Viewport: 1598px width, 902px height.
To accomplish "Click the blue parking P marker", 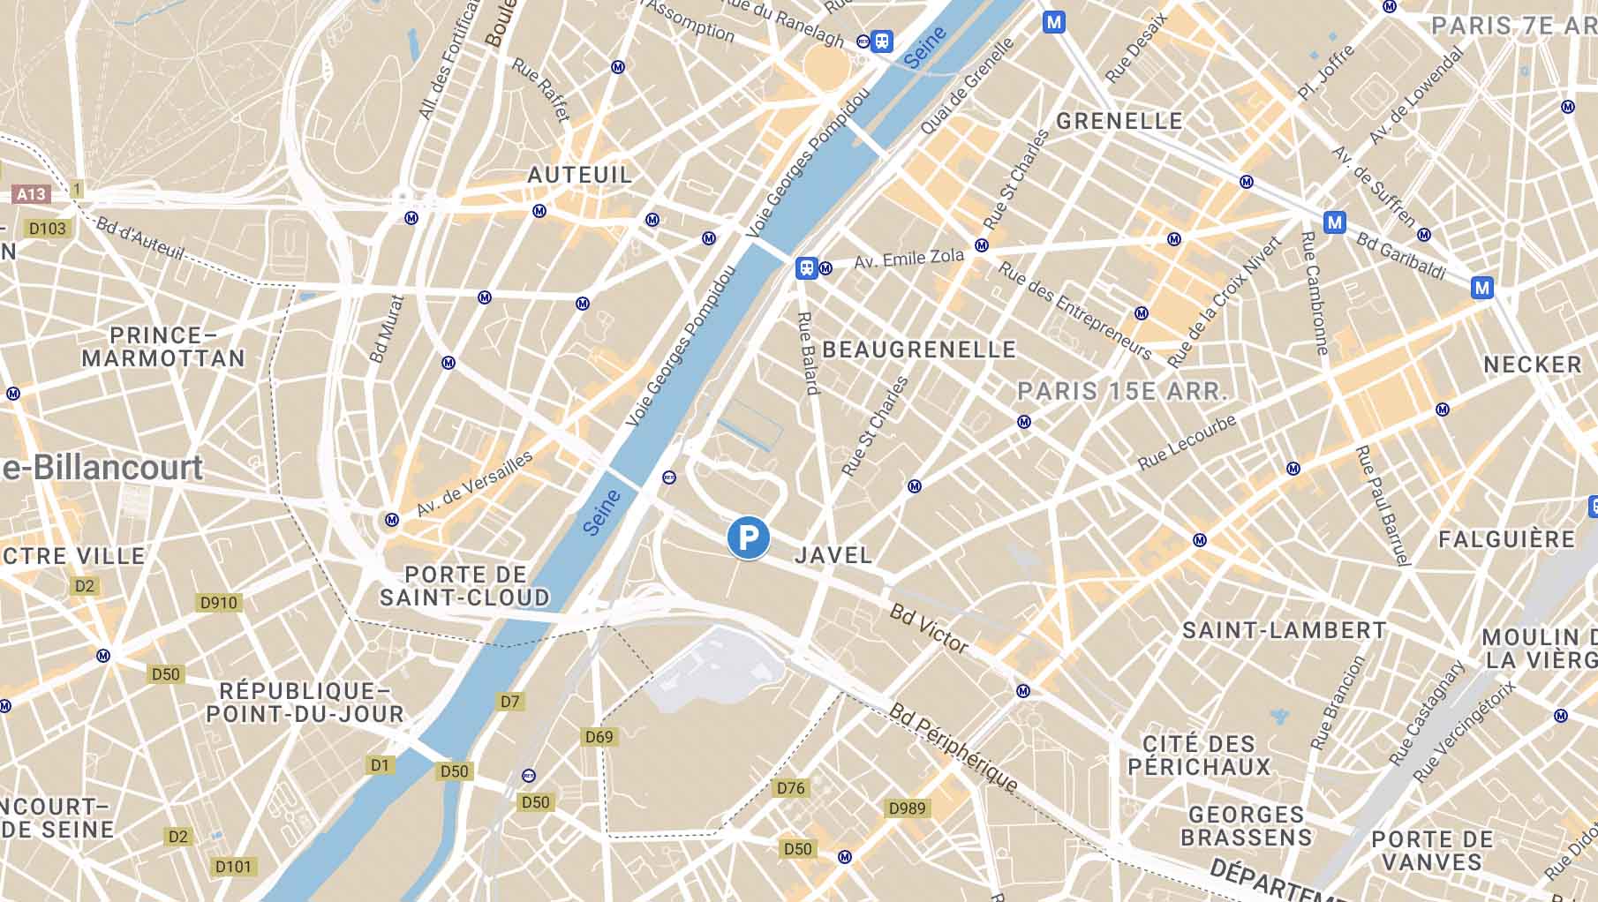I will pos(748,537).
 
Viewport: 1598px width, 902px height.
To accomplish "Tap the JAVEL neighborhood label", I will pos(833,555).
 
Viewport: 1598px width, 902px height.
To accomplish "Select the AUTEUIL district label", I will pos(580,175).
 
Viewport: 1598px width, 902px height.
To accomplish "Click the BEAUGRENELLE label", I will pos(919,350).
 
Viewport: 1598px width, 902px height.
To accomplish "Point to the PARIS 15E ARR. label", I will pos(1122,391).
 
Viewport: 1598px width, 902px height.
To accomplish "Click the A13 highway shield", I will pos(31,194).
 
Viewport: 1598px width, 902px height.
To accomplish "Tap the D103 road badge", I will pos(48,229).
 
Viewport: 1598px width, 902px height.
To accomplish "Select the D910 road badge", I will pos(219,603).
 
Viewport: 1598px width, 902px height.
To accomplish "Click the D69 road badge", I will pos(599,737).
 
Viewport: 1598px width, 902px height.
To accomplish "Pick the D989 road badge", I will pos(907,808).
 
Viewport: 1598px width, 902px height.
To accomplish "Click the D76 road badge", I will pos(790,788).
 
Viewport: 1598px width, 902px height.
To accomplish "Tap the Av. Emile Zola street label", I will pos(908,259).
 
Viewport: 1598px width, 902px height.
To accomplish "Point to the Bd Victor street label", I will pos(929,628).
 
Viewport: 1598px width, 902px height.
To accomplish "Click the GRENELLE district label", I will pos(1119,121).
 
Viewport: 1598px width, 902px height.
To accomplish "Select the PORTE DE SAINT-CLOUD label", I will pos(465,586).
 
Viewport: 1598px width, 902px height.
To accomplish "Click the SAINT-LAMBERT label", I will pos(1285,630).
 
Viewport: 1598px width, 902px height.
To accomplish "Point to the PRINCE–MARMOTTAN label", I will pos(163,347).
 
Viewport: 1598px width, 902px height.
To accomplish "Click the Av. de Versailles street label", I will pos(474,484).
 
